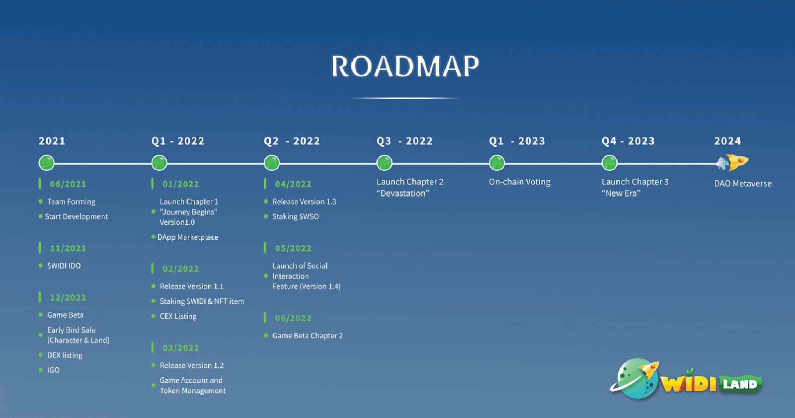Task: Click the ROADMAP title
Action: tap(405, 66)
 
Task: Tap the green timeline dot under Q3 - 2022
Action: tap(385, 163)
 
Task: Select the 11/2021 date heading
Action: tap(68, 248)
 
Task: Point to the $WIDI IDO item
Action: tap(64, 266)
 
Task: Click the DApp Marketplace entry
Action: tap(188, 237)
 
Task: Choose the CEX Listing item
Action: tap(178, 316)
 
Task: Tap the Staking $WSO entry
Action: tap(295, 216)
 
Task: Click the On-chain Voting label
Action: tap(520, 182)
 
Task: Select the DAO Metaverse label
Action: tap(743, 184)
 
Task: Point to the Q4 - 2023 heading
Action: tap(628, 141)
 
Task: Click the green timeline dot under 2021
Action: tap(47, 163)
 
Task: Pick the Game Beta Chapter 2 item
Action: tap(308, 336)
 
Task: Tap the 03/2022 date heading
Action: tap(181, 348)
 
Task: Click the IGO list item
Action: tap(53, 370)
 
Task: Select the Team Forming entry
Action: tap(72, 202)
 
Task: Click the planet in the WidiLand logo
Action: tap(636, 379)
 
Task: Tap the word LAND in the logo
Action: tap(740, 384)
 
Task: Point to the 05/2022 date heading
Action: tap(293, 248)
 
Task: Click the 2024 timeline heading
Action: tap(727, 141)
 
